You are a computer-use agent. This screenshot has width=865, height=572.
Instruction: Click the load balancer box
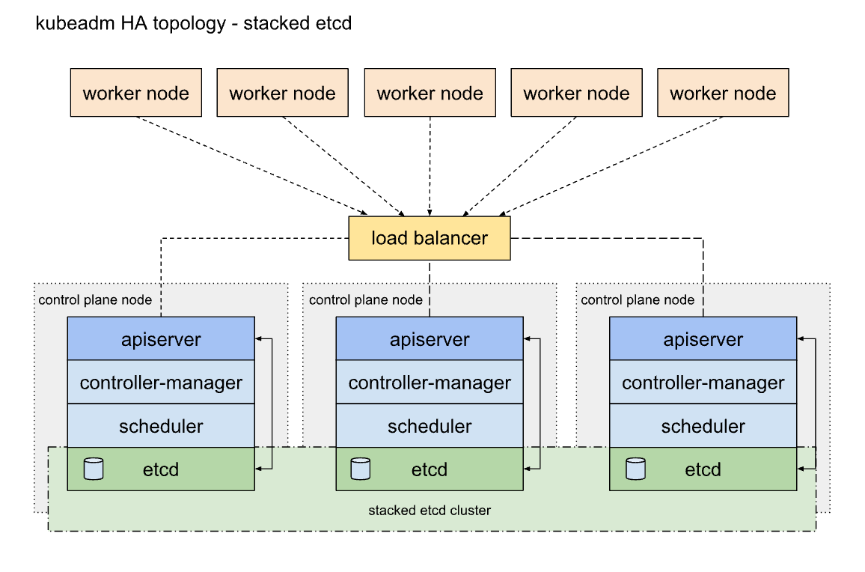[x=430, y=238]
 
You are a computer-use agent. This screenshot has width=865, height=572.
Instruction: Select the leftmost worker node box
[x=136, y=93]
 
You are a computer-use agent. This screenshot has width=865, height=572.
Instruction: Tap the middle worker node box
[x=430, y=93]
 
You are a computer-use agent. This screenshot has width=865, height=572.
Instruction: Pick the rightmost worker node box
[x=723, y=93]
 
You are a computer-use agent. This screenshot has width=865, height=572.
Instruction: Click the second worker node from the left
[x=282, y=93]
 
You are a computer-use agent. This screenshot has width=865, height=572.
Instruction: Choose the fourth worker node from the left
[x=576, y=93]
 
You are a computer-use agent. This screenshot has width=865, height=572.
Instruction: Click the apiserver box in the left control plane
[x=161, y=338]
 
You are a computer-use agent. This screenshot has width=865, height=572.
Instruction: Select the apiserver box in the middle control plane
[x=430, y=338]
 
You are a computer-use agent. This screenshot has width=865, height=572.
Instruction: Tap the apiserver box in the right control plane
[x=703, y=338]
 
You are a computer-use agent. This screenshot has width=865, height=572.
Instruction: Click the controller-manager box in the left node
[x=161, y=383]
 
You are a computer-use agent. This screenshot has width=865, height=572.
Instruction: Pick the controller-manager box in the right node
[x=703, y=383]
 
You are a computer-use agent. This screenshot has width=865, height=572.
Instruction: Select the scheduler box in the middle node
[x=430, y=426]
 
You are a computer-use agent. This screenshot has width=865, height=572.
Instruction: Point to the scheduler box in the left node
[x=161, y=426]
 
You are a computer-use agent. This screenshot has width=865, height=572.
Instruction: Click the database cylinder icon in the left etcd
[x=94, y=469]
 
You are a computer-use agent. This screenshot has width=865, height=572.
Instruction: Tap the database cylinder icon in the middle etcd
[x=361, y=469]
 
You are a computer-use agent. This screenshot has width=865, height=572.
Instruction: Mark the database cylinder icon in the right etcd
[x=635, y=469]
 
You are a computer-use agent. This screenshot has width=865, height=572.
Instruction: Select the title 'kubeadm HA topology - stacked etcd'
[x=194, y=23]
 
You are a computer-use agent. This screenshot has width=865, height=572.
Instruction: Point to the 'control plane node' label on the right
[x=638, y=300]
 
